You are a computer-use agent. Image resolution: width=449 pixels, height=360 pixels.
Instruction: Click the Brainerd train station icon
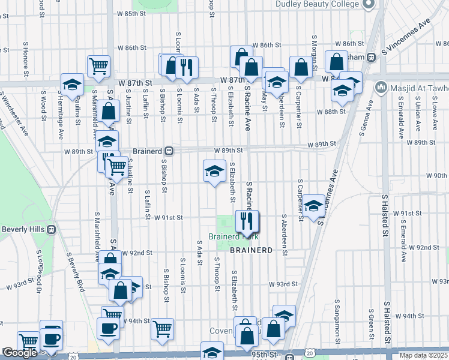(x=170, y=151)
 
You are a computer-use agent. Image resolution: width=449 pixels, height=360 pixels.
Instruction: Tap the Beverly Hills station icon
(x=52, y=229)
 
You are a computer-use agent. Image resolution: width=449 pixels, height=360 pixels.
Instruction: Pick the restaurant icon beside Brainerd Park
(x=247, y=221)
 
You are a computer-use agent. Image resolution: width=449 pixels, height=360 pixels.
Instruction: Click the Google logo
(x=20, y=353)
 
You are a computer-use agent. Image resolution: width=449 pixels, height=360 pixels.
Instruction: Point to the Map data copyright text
(x=423, y=355)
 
